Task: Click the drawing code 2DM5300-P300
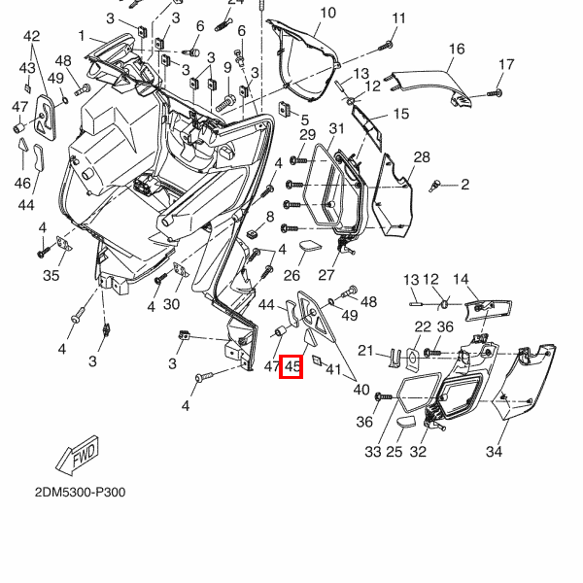[x=80, y=492]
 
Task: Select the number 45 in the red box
[x=291, y=366]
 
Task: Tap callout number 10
[x=327, y=13]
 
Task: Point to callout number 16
[x=457, y=49]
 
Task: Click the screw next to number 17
[x=493, y=92]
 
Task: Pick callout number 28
[x=422, y=157]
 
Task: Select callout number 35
[x=51, y=276]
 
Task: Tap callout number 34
[x=494, y=452]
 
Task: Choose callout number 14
[x=461, y=279]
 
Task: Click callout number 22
[x=423, y=326]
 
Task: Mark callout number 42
[x=32, y=37]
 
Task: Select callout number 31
[x=336, y=129]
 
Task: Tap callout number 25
[x=395, y=452]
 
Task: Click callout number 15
[x=400, y=114]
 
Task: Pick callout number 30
[x=171, y=305]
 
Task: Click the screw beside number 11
[x=389, y=45]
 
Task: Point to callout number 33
[x=372, y=452]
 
